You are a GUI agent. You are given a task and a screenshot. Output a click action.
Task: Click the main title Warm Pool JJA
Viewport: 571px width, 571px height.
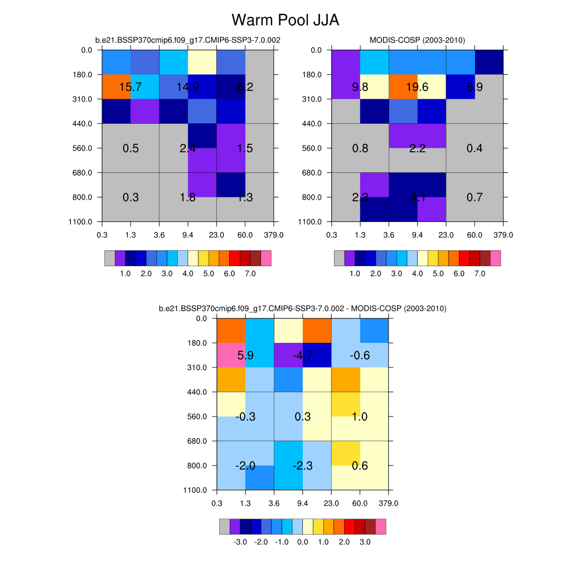point(285,20)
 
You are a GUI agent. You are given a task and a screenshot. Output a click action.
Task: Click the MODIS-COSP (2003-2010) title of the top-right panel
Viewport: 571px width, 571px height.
point(417,40)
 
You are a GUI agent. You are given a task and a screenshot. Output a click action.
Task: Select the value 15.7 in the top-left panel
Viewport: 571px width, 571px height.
point(130,86)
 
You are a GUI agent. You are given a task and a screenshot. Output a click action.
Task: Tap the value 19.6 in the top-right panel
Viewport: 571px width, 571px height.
point(417,86)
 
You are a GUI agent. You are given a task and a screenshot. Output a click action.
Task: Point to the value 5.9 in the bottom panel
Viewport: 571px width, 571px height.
point(245,355)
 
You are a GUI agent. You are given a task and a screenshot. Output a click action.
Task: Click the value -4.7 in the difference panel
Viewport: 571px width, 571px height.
point(303,355)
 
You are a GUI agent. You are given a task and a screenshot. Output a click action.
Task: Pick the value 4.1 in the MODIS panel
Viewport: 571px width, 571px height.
point(417,197)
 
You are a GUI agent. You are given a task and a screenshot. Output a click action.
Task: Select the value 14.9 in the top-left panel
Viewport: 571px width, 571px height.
point(188,86)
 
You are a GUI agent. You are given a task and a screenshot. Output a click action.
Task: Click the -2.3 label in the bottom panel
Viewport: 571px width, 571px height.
point(303,466)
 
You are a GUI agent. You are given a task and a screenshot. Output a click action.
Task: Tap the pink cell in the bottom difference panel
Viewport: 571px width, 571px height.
point(230,355)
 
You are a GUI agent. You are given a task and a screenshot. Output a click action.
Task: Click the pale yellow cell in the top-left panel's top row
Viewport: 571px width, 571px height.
point(202,62)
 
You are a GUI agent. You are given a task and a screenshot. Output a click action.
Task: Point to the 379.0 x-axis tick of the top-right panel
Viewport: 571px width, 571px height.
point(503,235)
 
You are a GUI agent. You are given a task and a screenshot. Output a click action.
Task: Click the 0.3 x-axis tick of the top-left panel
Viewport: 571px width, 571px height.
point(102,235)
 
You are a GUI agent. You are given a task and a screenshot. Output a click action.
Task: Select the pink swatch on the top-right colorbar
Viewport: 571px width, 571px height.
point(495,258)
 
